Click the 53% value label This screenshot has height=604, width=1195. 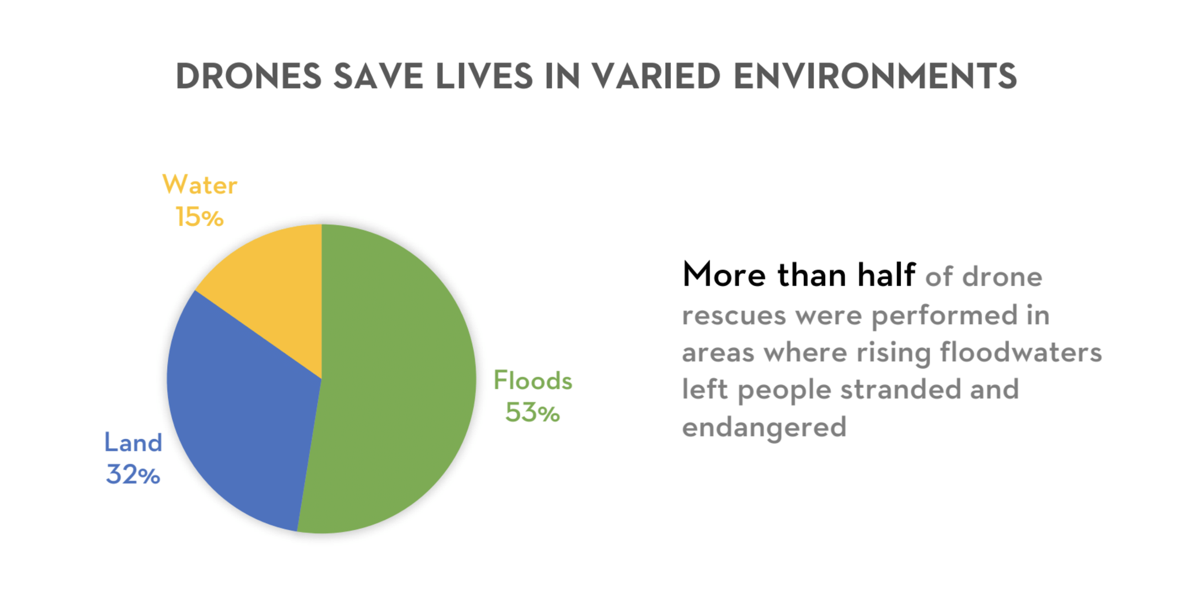pyautogui.click(x=533, y=412)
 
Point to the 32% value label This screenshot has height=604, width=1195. pyautogui.click(x=133, y=475)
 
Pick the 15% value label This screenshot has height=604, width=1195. pyautogui.click(x=200, y=217)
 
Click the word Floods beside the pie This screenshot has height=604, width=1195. pyautogui.click(x=533, y=380)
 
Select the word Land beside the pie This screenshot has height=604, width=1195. pyautogui.click(x=133, y=442)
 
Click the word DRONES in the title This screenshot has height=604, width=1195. pyautogui.click(x=249, y=76)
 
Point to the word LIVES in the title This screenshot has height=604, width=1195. pyautogui.click(x=484, y=76)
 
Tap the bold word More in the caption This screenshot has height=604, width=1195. pyautogui.click(x=724, y=274)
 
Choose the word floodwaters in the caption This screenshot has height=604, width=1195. pyautogui.click(x=1021, y=352)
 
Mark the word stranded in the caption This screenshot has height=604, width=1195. pyautogui.click(x=900, y=389)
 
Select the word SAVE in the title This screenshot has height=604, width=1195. pyautogui.click(x=378, y=76)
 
